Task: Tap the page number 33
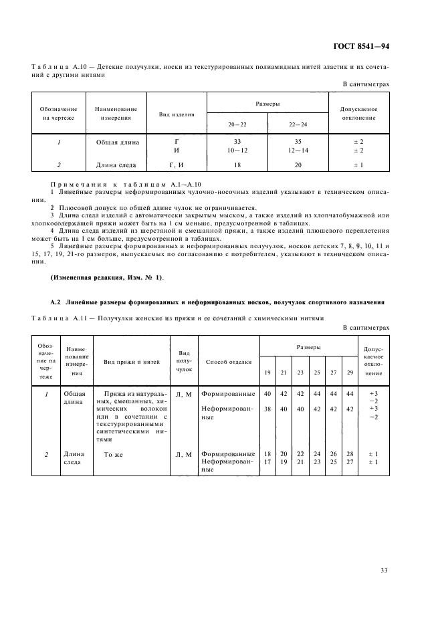tap(384, 570)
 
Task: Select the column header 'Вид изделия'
tap(176, 114)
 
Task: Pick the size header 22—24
tap(298, 125)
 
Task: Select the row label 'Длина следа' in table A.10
tap(116, 165)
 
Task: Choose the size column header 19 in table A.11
tap(267, 373)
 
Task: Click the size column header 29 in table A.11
tap(348, 373)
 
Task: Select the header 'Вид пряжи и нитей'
tap(132, 362)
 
